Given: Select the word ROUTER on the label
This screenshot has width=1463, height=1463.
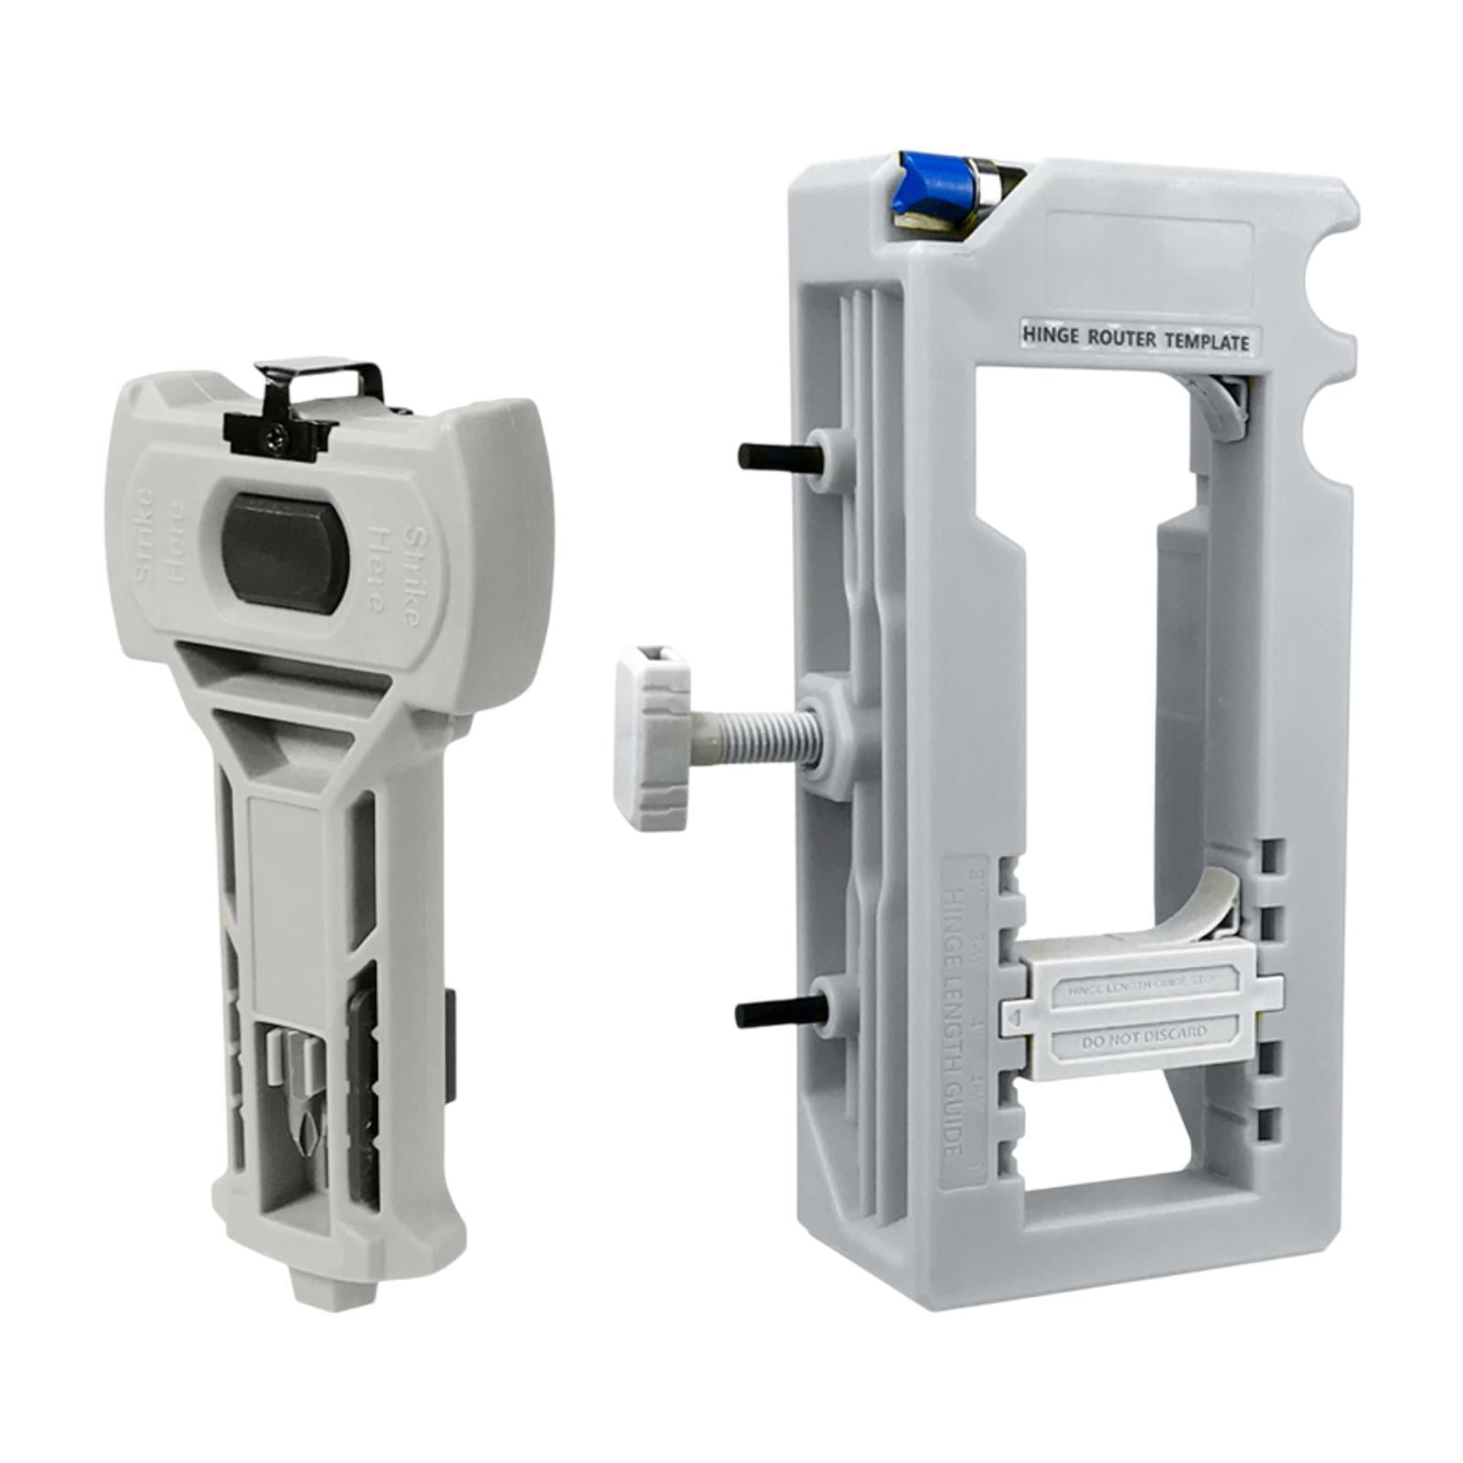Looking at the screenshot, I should [1123, 339].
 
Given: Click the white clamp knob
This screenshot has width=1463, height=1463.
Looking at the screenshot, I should [652, 734].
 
